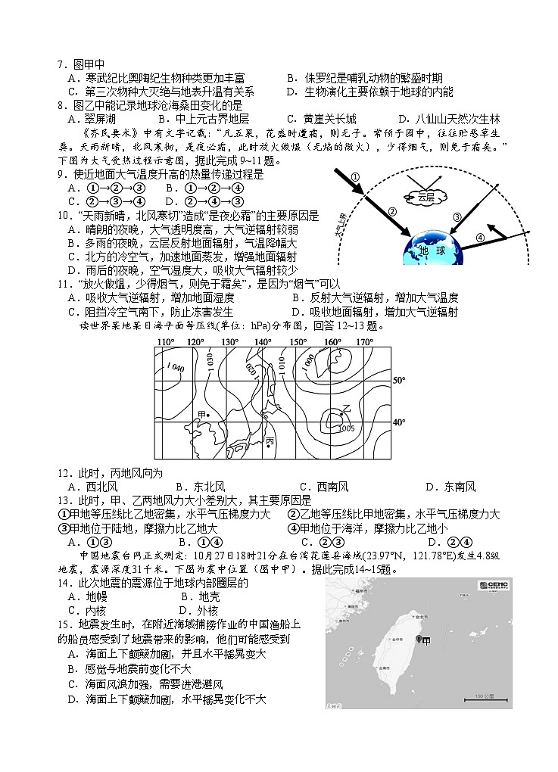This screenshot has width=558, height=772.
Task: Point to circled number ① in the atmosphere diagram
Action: (354, 178)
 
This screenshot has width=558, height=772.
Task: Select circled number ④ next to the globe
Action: (480, 236)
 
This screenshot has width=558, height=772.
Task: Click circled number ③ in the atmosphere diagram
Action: (457, 217)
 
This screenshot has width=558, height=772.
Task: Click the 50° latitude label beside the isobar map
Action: (399, 380)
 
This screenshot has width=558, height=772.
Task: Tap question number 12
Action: (63, 473)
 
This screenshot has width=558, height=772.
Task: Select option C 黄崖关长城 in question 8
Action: (321, 119)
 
